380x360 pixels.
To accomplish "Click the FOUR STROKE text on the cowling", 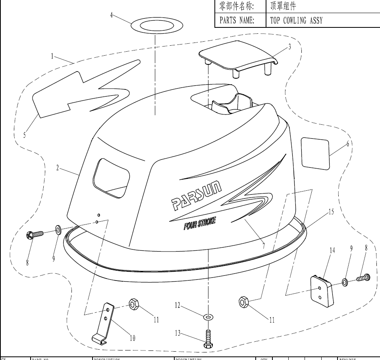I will coord(200,223).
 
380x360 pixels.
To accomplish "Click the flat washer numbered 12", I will coord(208,317).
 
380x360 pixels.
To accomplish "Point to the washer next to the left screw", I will coord(58,229).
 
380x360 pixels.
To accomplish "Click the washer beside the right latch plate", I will coord(345,282).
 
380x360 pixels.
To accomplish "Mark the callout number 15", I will coord(330,212).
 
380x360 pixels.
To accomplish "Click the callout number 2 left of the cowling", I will coord(58,168).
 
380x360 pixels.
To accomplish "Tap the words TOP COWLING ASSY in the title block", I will coord(296,21).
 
